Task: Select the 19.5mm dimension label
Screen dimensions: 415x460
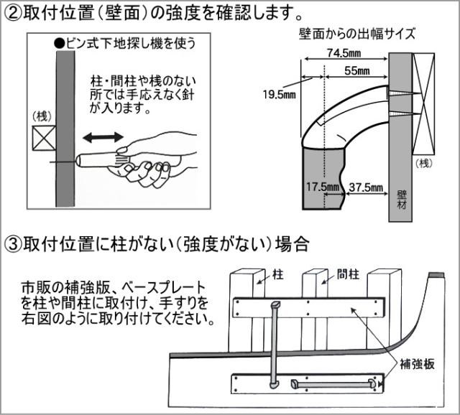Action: click(279, 94)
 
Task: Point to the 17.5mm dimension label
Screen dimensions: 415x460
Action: click(321, 186)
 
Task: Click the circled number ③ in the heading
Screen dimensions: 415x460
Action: click(13, 244)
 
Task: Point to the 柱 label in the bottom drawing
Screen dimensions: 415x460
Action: click(279, 274)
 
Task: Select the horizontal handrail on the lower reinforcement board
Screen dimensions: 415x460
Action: click(335, 384)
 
